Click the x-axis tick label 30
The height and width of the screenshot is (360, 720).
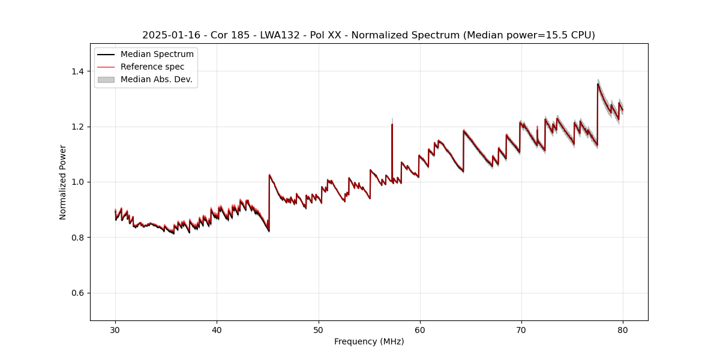(115, 329)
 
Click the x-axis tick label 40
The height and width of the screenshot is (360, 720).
(217, 329)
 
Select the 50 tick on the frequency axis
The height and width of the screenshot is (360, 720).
(318, 329)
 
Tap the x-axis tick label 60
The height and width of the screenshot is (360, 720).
(420, 329)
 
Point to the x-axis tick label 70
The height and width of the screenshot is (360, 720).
(521, 329)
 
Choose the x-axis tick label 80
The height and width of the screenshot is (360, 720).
(623, 329)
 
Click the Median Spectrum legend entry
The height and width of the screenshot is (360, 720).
(157, 55)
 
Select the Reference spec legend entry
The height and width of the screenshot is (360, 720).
(152, 67)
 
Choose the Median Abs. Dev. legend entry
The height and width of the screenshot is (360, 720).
(156, 79)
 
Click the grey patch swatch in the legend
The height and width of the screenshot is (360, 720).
(106, 79)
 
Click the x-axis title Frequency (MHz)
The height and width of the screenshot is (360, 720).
(369, 341)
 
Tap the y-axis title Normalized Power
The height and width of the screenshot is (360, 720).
(63, 182)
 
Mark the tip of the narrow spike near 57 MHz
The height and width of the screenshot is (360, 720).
(392, 124)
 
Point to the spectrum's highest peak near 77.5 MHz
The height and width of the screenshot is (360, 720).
(598, 83)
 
